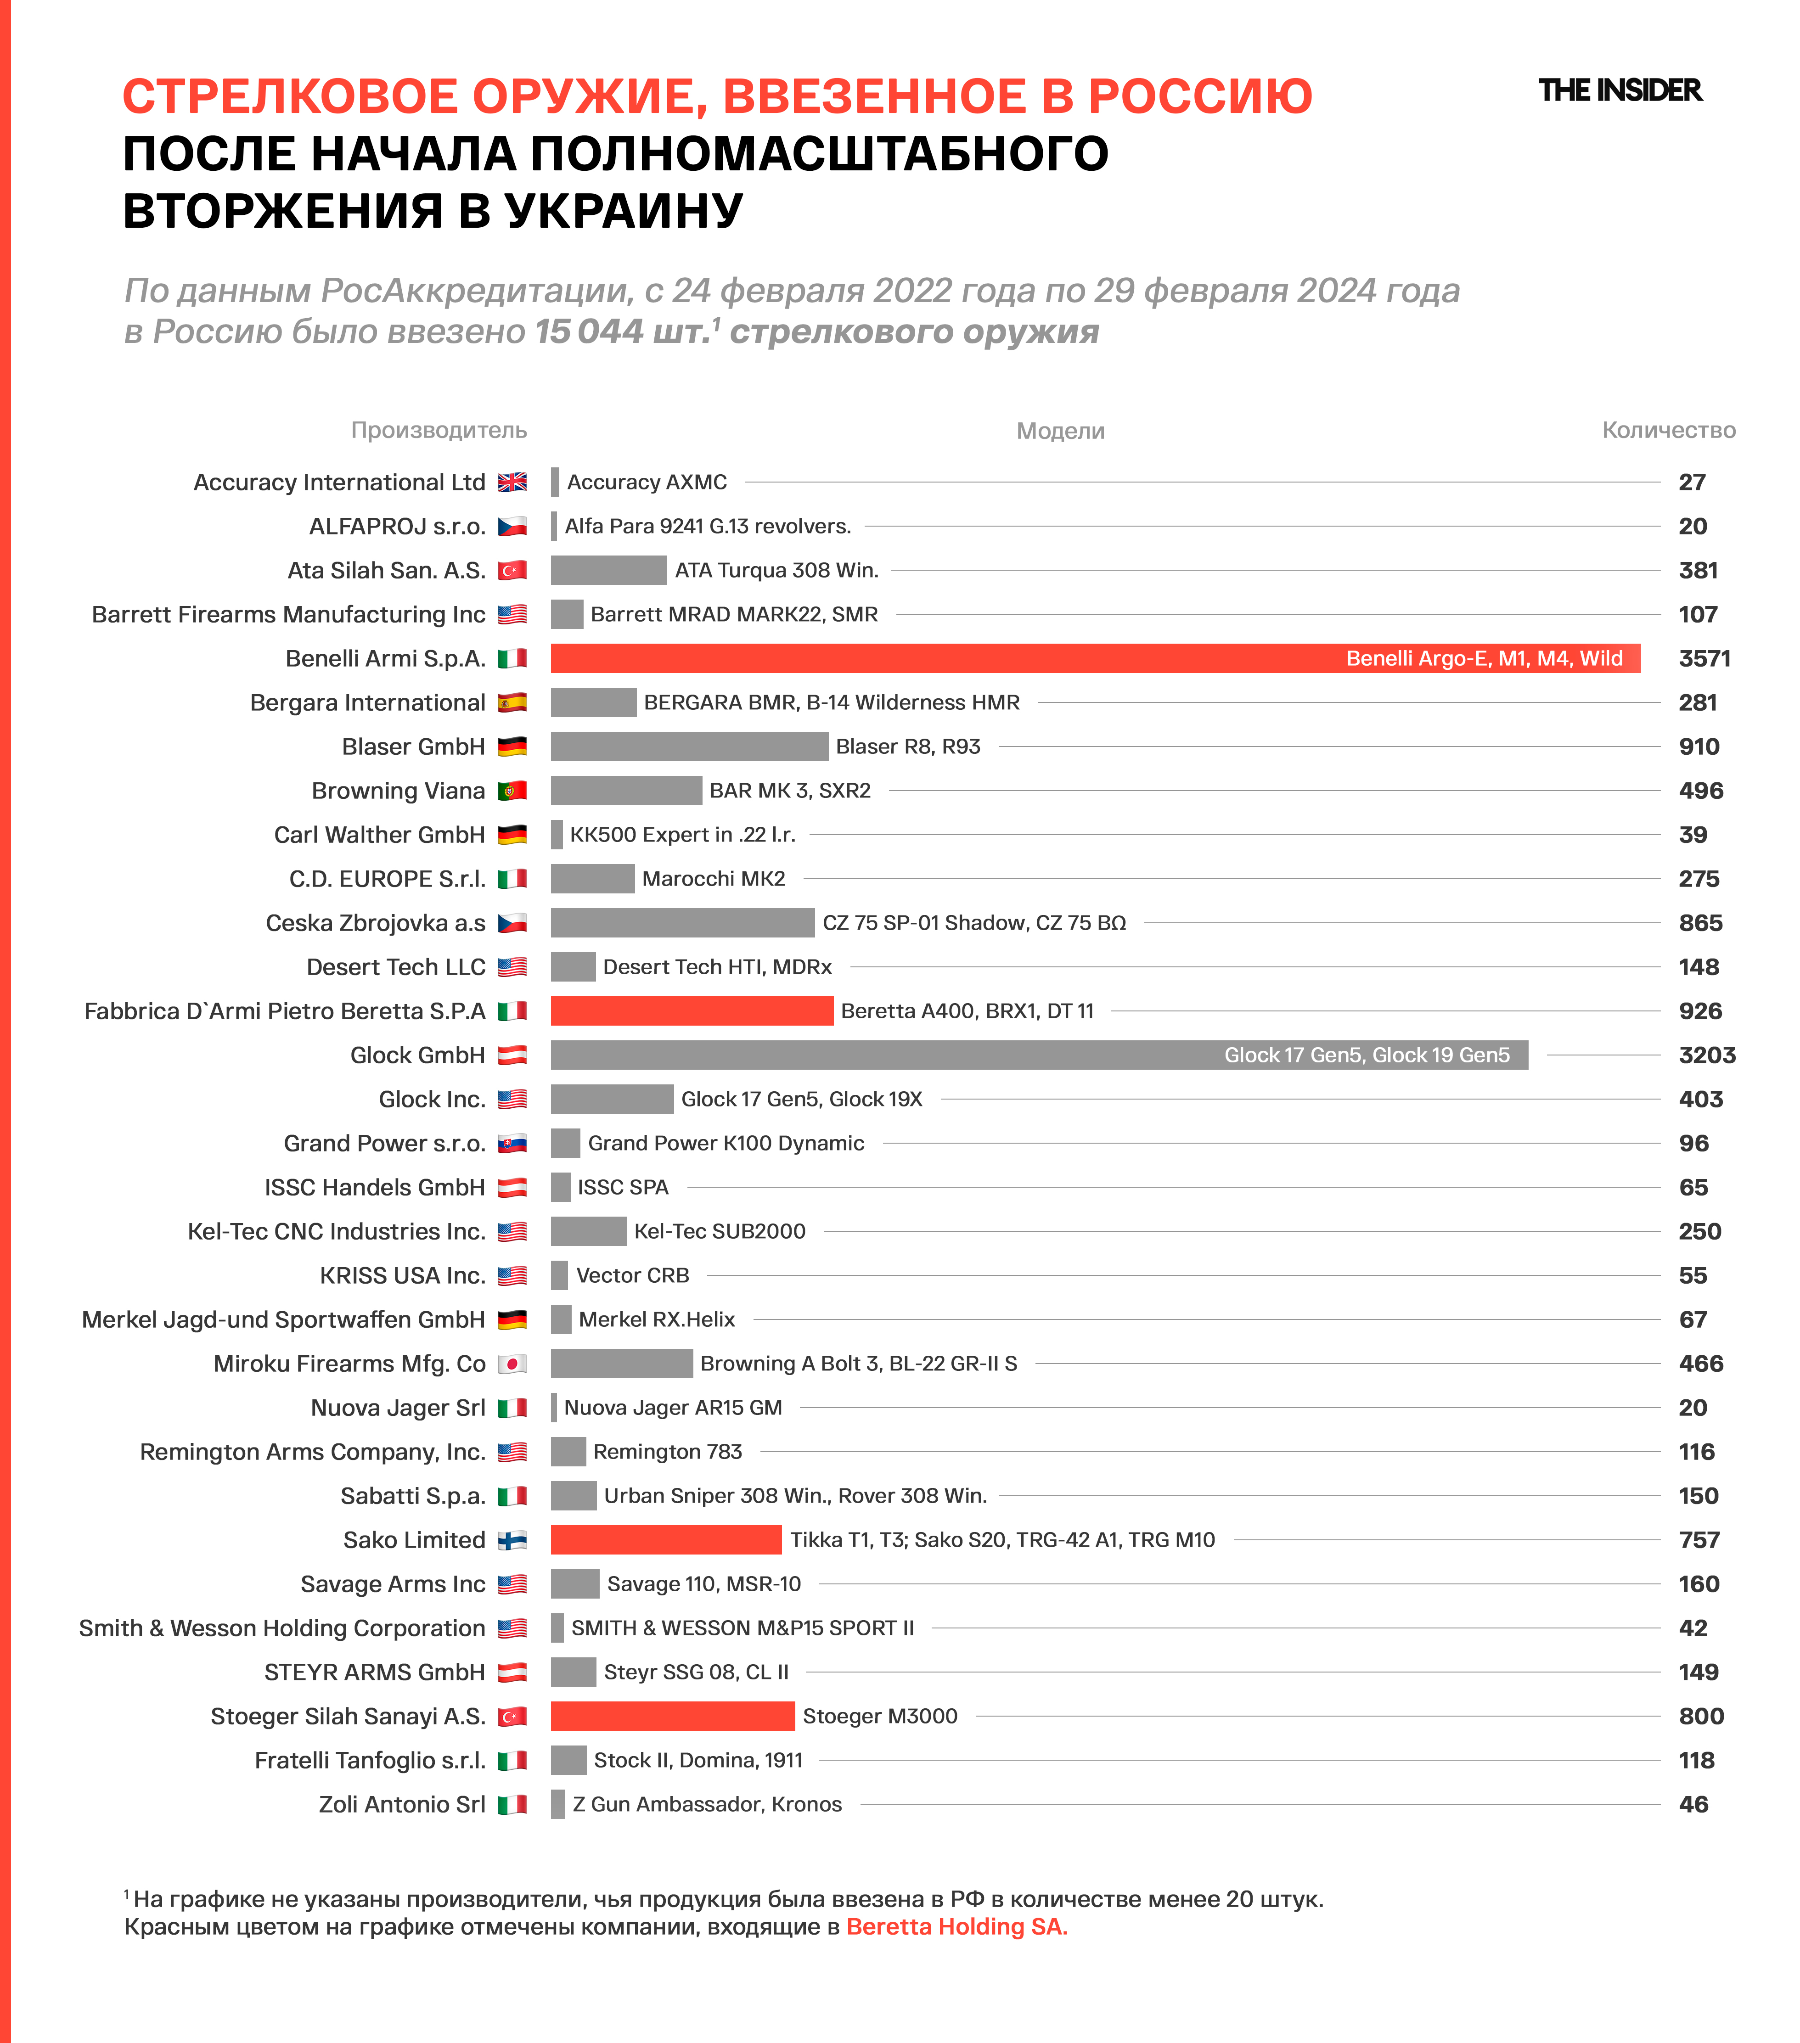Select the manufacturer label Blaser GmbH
click(413, 746)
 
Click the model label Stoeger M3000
click(879, 1716)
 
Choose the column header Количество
click(1668, 430)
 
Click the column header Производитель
click(439, 430)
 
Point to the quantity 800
click(1701, 1716)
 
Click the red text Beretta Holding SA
click(956, 1927)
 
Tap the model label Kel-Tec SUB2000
click(720, 1231)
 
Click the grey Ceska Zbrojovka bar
click(681, 922)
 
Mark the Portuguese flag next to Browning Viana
click(512, 791)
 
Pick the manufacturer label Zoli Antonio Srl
click(402, 1804)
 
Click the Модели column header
click(1060, 431)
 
